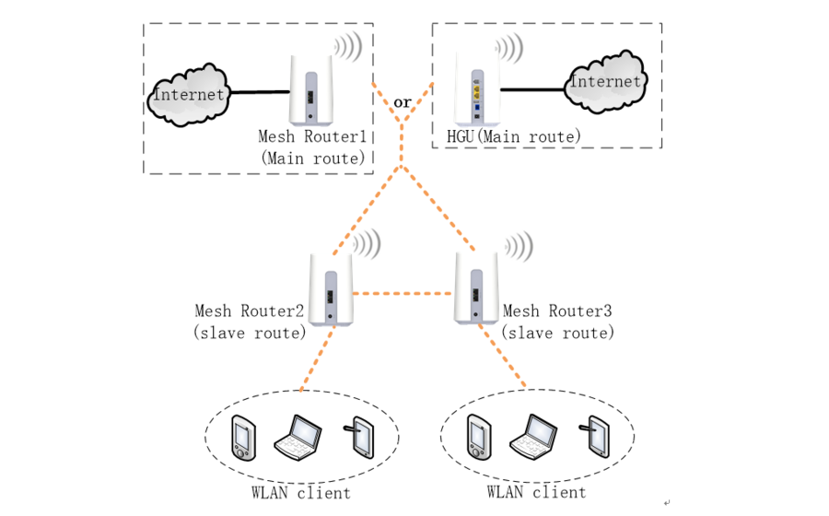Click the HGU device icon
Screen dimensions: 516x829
coord(477,89)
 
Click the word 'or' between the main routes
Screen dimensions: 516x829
coord(403,102)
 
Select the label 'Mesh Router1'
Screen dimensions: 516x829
coord(312,136)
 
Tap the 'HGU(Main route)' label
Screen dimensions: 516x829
coord(514,136)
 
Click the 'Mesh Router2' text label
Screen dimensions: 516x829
coord(250,311)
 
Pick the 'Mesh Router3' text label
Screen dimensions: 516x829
coord(558,311)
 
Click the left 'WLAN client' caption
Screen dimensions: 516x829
coord(301,493)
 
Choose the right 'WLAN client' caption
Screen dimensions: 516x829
coord(536,492)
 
